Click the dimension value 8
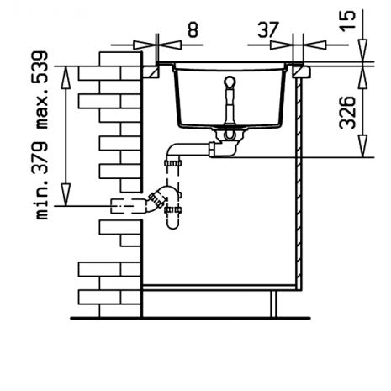(x=193, y=29)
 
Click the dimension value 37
(x=268, y=29)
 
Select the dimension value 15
(x=347, y=22)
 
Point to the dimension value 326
(x=347, y=113)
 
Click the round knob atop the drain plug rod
(x=230, y=82)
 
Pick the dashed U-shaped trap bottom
(x=172, y=225)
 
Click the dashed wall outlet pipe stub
(x=129, y=206)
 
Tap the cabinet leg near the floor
(x=273, y=304)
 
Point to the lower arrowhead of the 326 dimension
(x=362, y=145)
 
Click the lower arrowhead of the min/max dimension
(x=66, y=194)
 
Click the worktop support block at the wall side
(x=151, y=71)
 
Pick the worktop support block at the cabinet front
(x=301, y=71)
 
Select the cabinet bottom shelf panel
(x=219, y=288)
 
